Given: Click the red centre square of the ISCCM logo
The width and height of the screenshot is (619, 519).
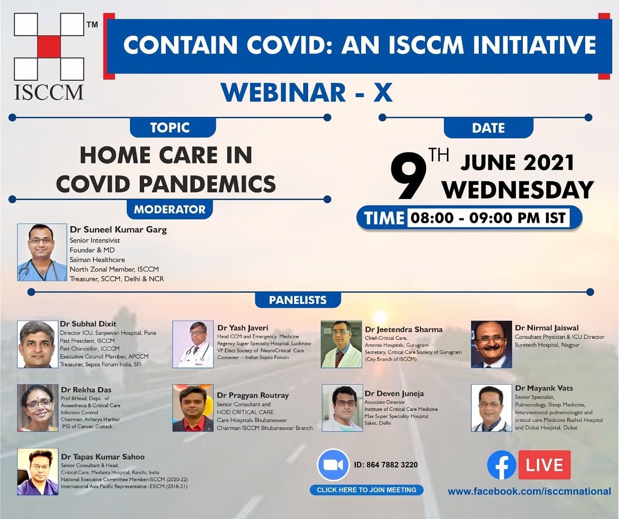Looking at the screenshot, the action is point(49,47).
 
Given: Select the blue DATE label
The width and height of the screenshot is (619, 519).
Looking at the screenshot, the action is point(488,128).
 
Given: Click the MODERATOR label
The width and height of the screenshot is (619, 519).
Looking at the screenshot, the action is point(170,209).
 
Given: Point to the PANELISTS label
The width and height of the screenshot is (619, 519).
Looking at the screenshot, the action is point(297,300).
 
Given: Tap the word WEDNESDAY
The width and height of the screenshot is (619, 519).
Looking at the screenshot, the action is point(518,190).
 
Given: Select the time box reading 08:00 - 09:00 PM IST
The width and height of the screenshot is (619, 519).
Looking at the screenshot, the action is point(488,218).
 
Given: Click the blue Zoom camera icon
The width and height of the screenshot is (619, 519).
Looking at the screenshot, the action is point(333,465).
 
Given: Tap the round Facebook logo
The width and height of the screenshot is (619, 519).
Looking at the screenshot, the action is point(502,464).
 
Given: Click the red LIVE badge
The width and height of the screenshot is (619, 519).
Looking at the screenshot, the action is point(545,465).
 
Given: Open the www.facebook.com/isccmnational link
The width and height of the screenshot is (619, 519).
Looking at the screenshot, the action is point(529,491).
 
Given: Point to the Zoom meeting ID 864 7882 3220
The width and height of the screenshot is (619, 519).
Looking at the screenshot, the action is point(386,465).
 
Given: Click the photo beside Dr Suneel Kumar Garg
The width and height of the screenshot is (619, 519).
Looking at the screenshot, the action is point(42,252).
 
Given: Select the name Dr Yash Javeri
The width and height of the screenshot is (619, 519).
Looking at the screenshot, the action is point(242,328).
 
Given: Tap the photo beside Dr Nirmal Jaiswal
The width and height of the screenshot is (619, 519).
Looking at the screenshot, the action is point(491,344).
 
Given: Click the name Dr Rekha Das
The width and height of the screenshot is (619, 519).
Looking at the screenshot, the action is point(86,390).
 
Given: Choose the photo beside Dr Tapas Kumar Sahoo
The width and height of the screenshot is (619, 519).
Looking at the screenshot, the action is point(38,472).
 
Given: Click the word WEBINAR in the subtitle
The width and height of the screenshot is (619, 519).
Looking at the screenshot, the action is point(283,92).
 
